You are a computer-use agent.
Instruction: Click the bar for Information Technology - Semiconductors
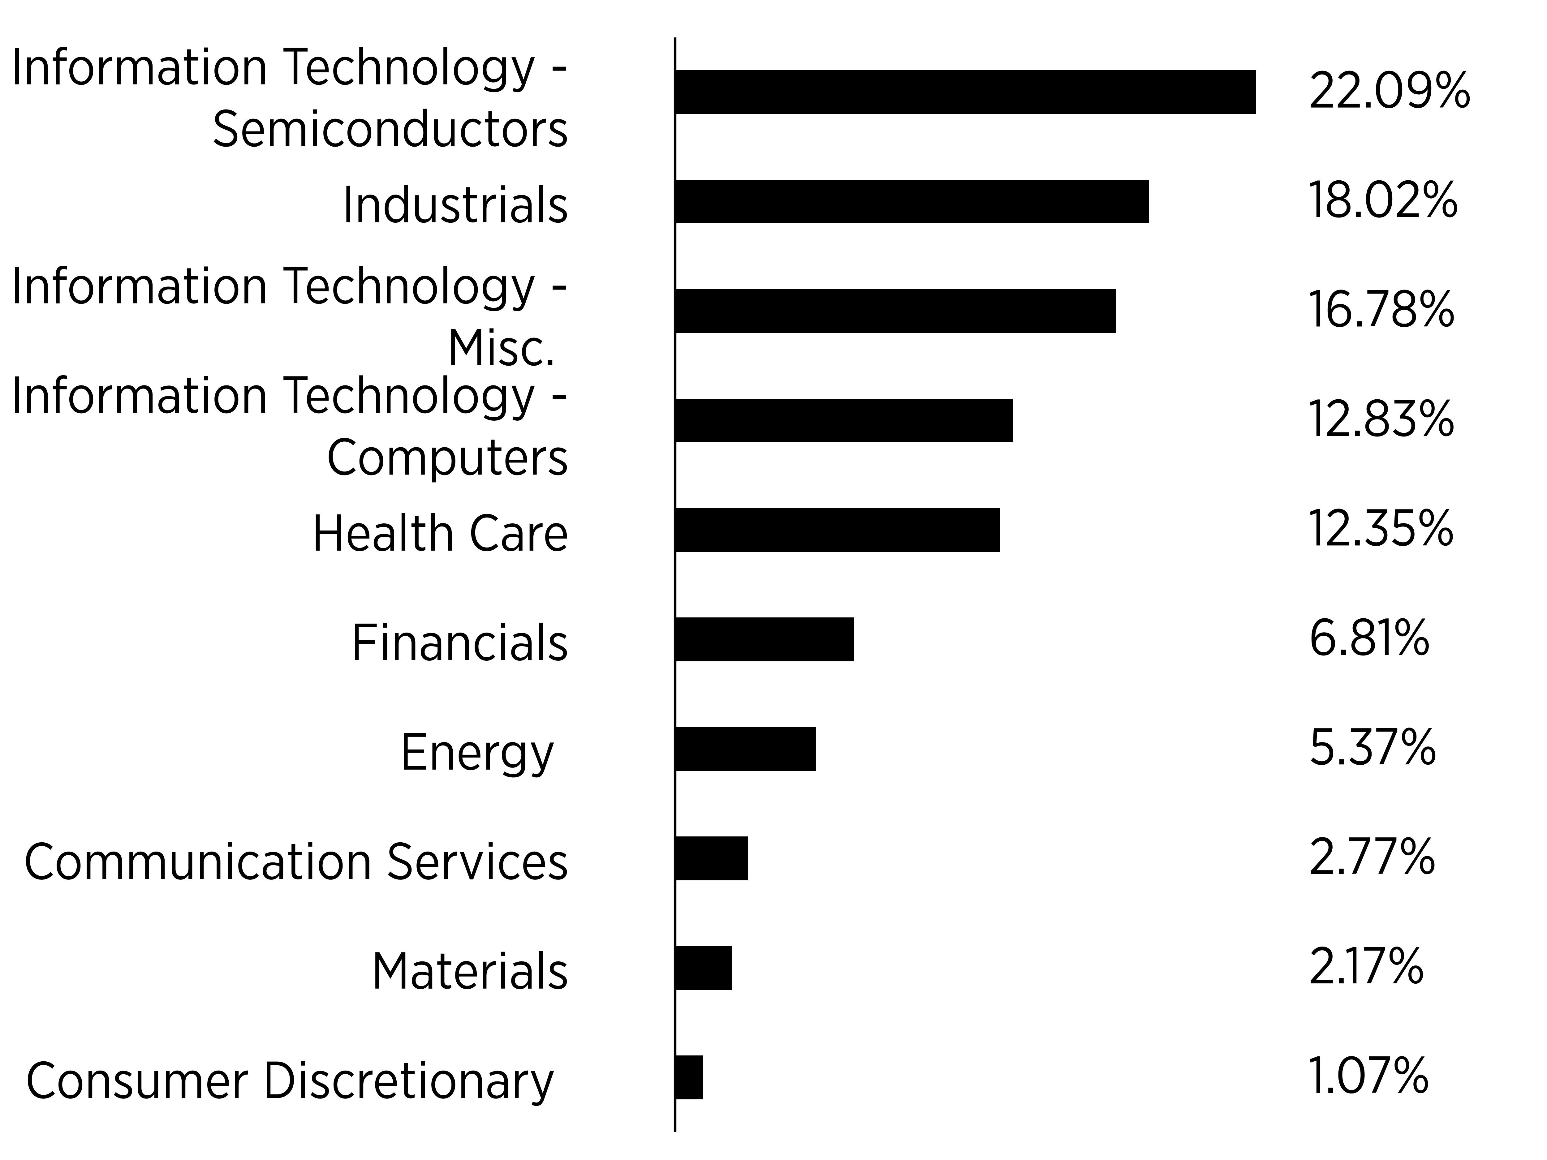pyautogui.click(x=966, y=92)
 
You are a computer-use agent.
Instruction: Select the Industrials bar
pyautogui.click(x=912, y=201)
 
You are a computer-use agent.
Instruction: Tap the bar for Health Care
pyautogui.click(x=838, y=530)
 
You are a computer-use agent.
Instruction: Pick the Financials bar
pyautogui.click(x=765, y=639)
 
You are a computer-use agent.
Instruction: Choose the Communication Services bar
pyautogui.click(x=712, y=858)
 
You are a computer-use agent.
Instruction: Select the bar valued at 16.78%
pyautogui.click(x=896, y=311)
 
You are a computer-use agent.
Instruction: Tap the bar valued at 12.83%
pyautogui.click(x=844, y=420)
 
